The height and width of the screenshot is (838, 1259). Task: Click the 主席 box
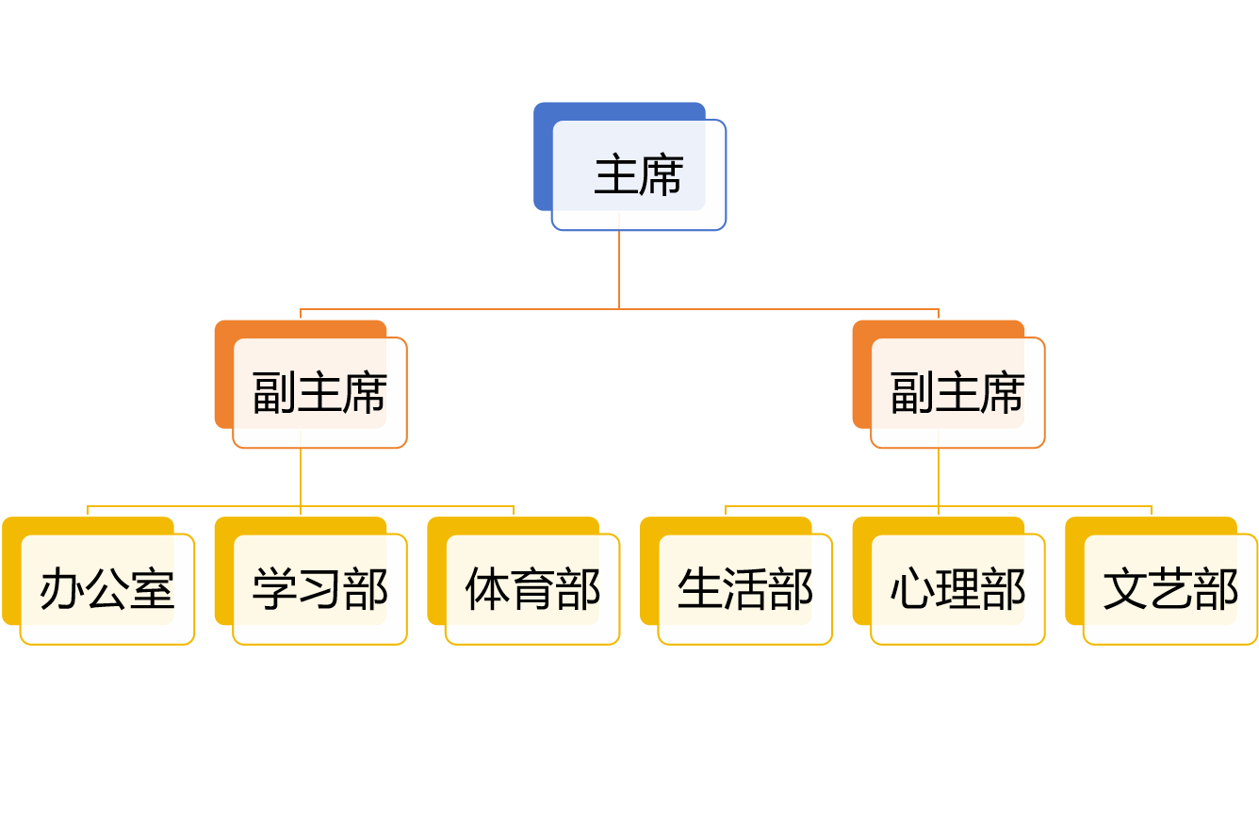click(638, 175)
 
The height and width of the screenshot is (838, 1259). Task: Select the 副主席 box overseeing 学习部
click(319, 392)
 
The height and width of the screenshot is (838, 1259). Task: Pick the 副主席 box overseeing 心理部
click(957, 392)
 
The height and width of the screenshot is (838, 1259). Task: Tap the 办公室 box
click(106, 589)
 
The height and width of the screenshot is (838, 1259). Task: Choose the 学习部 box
click(319, 589)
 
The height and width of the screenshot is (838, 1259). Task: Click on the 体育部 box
click(532, 589)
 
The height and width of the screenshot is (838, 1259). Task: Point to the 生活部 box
click(744, 589)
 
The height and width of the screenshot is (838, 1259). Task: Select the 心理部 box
click(957, 589)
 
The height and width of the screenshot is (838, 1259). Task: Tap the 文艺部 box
click(1170, 589)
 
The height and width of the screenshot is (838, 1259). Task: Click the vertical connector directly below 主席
click(619, 269)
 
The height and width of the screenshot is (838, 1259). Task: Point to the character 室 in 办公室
click(152, 589)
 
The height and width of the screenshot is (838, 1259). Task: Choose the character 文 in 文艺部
click(1125, 589)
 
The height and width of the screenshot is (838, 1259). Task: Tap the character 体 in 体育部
click(487, 589)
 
